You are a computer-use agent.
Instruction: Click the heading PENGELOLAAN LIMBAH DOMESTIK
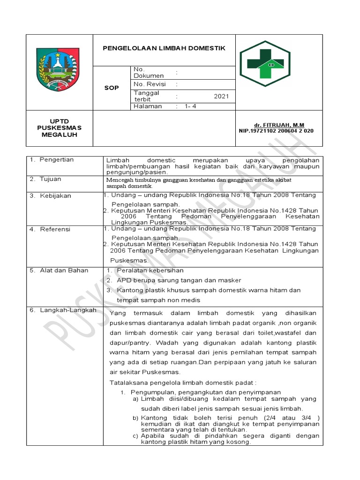[164, 48]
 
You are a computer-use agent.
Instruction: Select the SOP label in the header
[112, 88]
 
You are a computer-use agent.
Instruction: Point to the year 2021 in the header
[221, 97]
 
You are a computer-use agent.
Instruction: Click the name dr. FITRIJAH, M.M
[279, 125]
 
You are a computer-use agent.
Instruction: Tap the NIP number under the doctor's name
[276, 131]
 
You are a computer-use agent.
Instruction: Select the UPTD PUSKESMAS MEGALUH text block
[59, 128]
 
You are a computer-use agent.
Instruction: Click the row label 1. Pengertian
[52, 160]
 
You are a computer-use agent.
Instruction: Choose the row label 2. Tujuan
[45, 179]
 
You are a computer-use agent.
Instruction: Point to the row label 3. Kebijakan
[50, 195]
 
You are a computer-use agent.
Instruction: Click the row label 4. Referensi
[50, 229]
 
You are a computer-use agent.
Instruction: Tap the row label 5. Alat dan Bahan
[59, 270]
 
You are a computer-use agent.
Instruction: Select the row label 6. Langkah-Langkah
[63, 310]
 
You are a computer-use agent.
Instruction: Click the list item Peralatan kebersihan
[150, 270]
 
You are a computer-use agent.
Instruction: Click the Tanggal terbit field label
[147, 96]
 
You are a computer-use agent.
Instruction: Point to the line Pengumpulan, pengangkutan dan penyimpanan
[205, 392]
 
